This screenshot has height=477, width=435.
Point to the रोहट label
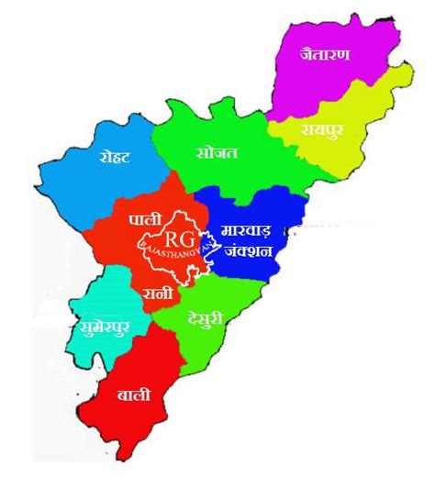point(114,156)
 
